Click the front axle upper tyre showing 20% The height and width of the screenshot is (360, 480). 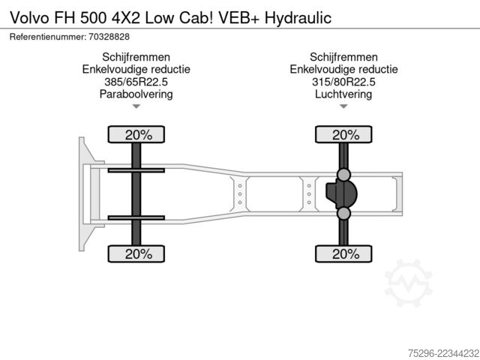136,134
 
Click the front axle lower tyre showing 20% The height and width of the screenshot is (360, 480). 136,253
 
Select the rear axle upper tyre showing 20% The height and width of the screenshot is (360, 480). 343,134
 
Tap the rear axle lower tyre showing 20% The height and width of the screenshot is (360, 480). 343,253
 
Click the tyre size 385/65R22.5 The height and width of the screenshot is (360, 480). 136,82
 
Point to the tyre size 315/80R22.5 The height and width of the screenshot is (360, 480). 343,82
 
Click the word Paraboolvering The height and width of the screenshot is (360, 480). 136,94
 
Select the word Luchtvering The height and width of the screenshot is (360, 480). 343,94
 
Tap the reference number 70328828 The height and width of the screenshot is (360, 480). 109,37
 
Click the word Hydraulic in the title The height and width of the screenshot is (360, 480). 298,18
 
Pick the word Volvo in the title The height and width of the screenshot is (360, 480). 29,18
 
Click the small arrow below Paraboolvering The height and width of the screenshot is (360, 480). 136,106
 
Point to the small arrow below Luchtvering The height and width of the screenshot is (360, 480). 343,106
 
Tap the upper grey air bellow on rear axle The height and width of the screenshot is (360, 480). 343,175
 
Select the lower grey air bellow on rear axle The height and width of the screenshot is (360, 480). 343,213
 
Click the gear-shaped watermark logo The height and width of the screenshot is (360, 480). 409,283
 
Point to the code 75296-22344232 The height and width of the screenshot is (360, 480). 443,353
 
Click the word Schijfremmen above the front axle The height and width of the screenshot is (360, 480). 136,57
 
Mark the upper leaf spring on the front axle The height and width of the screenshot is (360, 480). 136,170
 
